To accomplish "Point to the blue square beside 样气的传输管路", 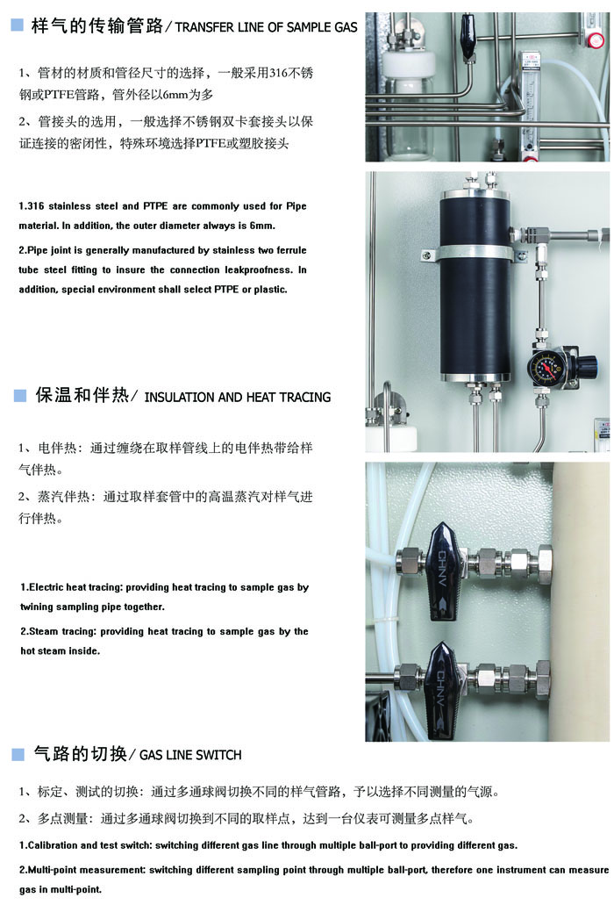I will [x=17, y=26].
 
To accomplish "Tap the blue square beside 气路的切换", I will [x=17, y=754].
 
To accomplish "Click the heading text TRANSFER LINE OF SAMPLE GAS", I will [x=267, y=27].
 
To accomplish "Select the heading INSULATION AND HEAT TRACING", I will [x=237, y=397].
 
